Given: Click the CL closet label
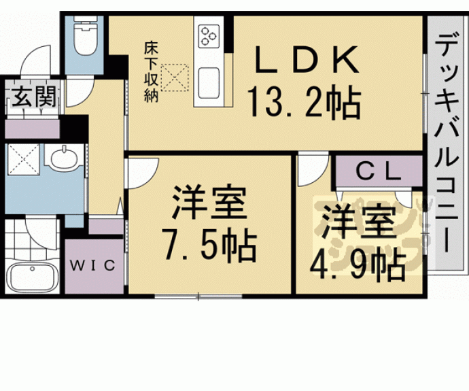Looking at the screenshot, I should [x=377, y=172].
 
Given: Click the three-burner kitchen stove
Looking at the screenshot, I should [x=208, y=36].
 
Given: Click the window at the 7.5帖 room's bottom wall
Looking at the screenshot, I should [x=198, y=296].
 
